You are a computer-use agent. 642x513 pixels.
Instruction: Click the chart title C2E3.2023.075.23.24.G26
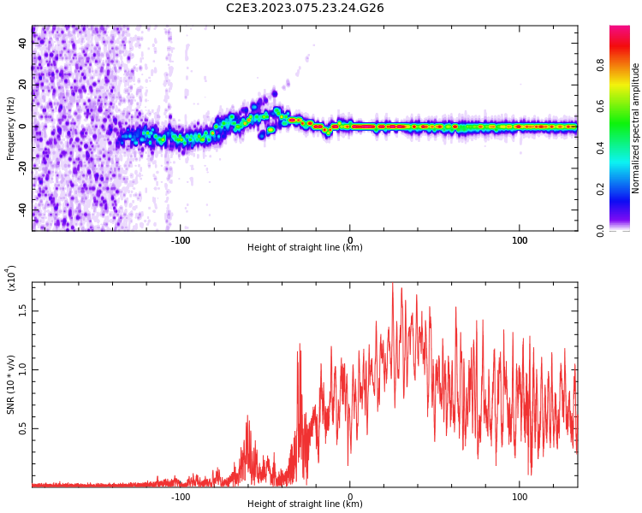coord(305,8)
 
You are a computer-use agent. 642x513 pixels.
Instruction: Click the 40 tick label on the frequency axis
coord(22,44)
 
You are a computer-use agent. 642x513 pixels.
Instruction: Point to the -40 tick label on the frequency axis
coord(21,209)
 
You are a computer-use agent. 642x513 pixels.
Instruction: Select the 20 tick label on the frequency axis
coord(22,85)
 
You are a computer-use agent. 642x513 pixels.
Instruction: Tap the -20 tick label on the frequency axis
coord(21,168)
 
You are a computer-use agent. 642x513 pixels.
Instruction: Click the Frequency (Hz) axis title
coord(11,128)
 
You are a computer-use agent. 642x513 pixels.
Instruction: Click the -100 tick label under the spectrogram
coord(181,240)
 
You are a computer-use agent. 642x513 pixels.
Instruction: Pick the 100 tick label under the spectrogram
coord(520,240)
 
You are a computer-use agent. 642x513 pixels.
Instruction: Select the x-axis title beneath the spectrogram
coord(305,248)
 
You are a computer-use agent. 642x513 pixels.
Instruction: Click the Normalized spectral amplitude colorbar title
coord(636,128)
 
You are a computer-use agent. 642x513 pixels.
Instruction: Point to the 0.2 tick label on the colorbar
coord(624,189)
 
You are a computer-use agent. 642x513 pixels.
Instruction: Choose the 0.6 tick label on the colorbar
coord(624,106)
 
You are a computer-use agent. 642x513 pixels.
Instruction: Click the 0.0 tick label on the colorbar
coord(624,230)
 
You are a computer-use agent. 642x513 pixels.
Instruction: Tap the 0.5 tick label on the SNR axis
coord(22,427)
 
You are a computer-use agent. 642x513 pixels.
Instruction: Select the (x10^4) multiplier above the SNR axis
coord(11,279)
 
